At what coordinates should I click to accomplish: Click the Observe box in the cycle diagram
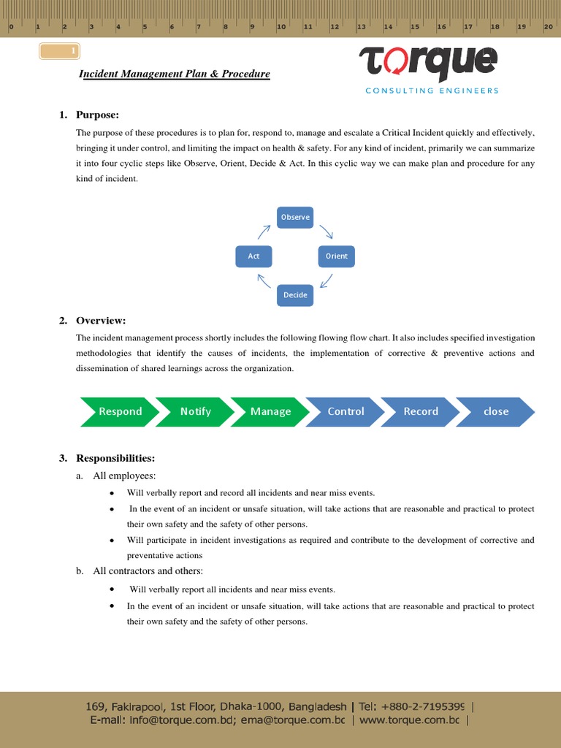pos(295,217)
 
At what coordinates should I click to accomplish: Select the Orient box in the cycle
pos(336,256)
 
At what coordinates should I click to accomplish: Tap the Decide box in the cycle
pos(295,295)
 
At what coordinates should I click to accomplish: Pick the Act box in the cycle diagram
pos(253,256)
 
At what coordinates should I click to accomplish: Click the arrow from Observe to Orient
pos(325,231)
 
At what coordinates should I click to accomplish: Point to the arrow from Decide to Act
pos(264,281)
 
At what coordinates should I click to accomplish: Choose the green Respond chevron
pos(119,411)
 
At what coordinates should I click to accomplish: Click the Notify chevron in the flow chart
pos(195,411)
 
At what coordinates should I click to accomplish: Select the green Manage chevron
pos(270,411)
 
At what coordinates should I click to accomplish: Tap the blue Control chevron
pos(346,411)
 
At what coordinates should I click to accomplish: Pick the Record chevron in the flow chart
pos(421,411)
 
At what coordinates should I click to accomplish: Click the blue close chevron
pos(496,411)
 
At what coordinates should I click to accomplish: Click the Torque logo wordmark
pos(428,62)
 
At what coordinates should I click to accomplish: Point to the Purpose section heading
pos(97,115)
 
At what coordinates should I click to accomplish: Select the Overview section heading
pos(101,321)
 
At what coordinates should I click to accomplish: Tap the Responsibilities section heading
pos(115,458)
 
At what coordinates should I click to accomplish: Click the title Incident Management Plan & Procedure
pos(175,74)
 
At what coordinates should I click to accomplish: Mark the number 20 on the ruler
pos(548,27)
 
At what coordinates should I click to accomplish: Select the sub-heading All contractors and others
pos(148,570)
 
